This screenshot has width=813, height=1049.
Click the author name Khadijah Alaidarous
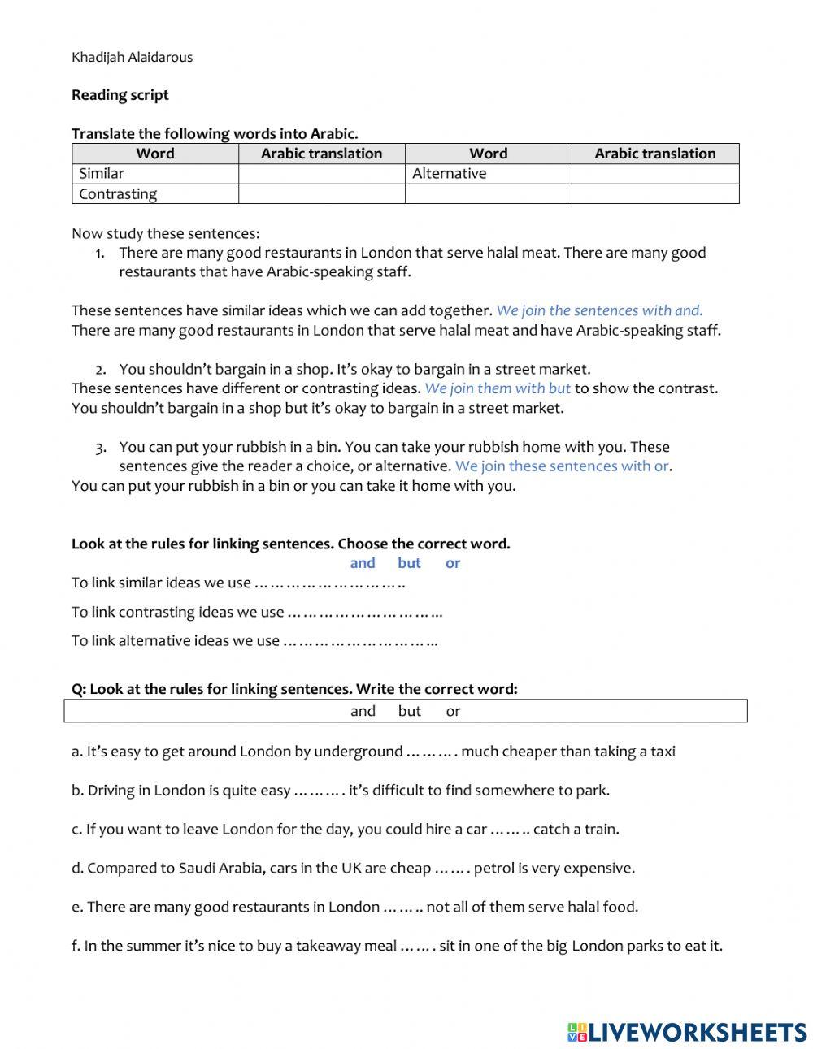point(132,57)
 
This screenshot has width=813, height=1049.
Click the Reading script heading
point(120,95)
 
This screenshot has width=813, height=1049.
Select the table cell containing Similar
point(154,174)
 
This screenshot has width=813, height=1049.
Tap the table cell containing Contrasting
point(154,194)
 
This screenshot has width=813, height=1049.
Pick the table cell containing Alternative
point(488,174)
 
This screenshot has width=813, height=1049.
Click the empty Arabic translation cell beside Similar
point(321,174)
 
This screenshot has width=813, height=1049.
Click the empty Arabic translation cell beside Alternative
point(654,174)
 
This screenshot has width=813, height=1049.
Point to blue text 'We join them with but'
point(498,388)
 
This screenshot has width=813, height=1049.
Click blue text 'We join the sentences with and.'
point(599,310)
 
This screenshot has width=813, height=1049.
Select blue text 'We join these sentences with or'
point(562,466)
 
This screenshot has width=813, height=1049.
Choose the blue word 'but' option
point(409,563)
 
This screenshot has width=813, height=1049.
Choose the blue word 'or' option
point(453,563)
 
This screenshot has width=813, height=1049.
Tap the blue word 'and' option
point(363,563)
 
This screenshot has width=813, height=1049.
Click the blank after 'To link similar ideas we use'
point(330,583)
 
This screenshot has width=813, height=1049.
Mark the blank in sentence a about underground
point(431,752)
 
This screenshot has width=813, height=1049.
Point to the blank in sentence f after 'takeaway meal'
point(418,947)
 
